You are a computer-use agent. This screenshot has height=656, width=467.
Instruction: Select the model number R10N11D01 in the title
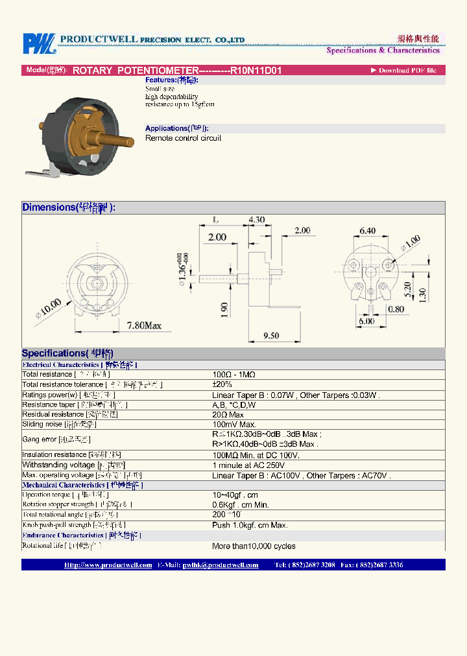[x=256, y=71]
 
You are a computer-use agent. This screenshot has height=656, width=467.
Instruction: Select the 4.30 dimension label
[x=257, y=220]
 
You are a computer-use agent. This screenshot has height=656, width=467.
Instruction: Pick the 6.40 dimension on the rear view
[x=367, y=230]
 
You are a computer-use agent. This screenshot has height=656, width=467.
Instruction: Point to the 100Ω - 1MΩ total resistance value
[x=234, y=375]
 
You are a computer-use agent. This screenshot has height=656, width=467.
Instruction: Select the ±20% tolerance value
[x=222, y=384]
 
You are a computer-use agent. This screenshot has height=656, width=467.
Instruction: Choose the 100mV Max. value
[x=234, y=424]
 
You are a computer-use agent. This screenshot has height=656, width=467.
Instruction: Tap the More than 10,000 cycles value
[x=254, y=546]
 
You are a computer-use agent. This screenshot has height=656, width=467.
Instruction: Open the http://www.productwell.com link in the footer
[x=108, y=565]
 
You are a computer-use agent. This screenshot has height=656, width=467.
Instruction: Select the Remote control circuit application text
[x=183, y=138]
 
